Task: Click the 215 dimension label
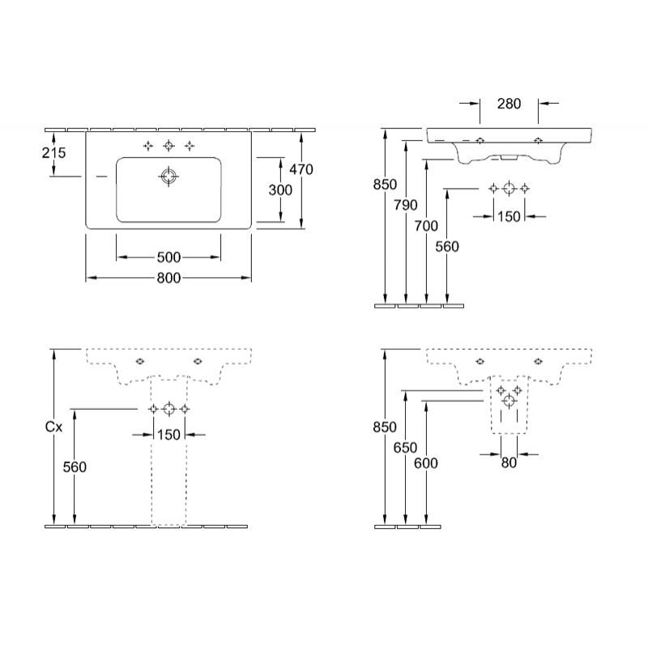pyautogui.click(x=53, y=153)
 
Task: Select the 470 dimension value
pyautogui.click(x=301, y=169)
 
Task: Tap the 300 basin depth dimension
pyautogui.click(x=280, y=190)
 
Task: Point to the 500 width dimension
pyautogui.click(x=168, y=258)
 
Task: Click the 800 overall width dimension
pyautogui.click(x=168, y=278)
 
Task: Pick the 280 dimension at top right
pyautogui.click(x=509, y=104)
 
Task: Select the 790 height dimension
pyautogui.click(x=406, y=205)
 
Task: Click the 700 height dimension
pyautogui.click(x=426, y=226)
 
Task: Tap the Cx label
pyautogui.click(x=53, y=427)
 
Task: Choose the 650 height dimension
pyautogui.click(x=406, y=448)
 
